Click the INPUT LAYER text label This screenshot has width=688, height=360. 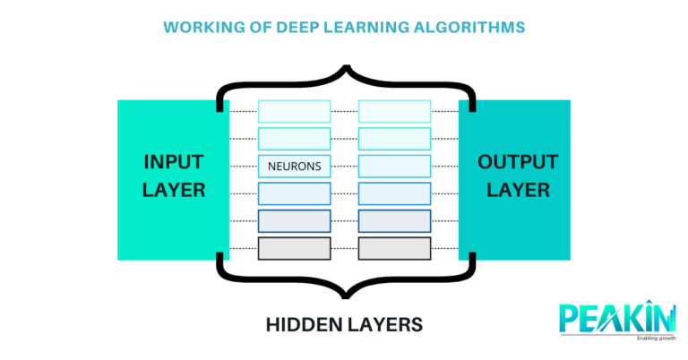[174, 176]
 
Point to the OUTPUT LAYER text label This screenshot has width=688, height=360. [518, 176]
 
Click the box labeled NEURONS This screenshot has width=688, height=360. [294, 166]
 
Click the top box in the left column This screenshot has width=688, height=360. [294, 111]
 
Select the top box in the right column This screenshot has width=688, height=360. [394, 111]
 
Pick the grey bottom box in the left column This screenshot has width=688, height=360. [294, 248]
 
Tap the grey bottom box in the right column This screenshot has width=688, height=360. [394, 248]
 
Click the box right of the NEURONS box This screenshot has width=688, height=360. [394, 166]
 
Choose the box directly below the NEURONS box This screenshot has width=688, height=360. [294, 193]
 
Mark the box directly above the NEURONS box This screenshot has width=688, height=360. [294, 138]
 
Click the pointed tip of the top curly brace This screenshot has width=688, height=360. [344, 65]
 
